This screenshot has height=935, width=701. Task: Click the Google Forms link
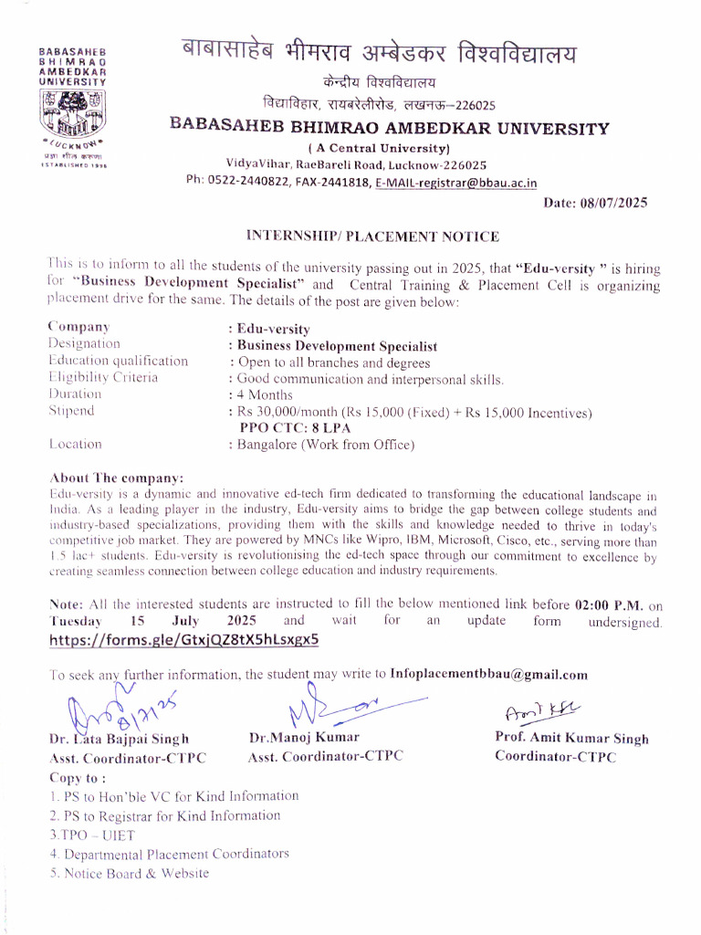pos(184,640)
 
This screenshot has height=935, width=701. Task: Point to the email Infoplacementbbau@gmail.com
pos(488,675)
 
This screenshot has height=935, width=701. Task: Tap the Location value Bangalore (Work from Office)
pos(326,445)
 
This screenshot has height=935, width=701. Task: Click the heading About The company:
pos(116,478)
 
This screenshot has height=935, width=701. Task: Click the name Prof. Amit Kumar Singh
pos(571,739)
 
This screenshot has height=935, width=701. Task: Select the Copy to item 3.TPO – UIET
pos(92,835)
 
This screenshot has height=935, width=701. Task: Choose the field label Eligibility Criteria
pos(103,377)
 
